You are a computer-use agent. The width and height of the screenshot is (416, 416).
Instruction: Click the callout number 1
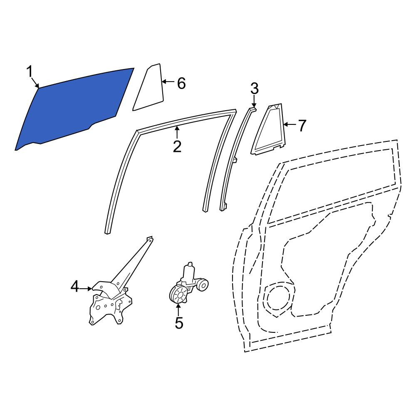[30, 72]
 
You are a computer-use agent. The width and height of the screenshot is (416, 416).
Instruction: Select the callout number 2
[177, 146]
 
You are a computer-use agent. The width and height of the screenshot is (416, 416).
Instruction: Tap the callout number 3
[255, 89]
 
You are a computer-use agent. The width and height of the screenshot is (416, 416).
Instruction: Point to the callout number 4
[75, 287]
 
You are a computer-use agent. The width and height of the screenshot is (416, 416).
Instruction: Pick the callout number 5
[179, 323]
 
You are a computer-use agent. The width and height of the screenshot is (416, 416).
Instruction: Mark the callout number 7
[302, 126]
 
